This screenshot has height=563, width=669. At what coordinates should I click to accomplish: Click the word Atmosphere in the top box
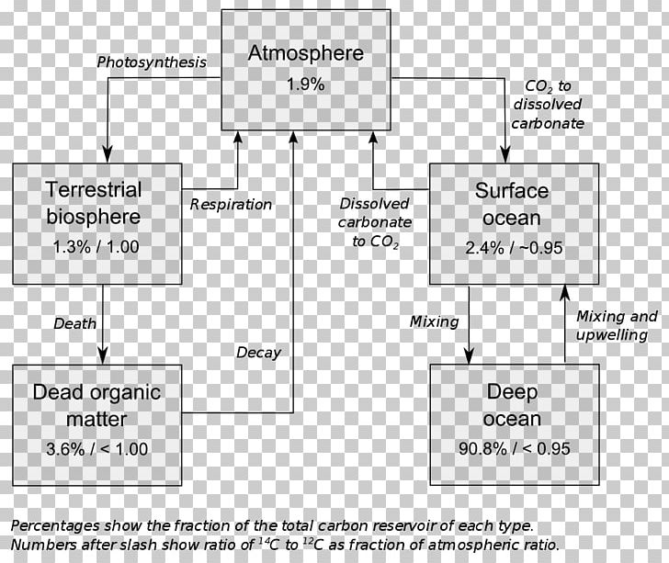coord(305,53)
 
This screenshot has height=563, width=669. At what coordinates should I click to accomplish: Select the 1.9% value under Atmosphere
coord(305,84)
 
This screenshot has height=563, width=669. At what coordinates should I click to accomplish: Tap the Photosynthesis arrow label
coord(152,62)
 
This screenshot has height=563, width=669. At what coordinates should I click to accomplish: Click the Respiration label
coord(231,204)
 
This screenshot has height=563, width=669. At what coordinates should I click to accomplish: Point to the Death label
coord(74,323)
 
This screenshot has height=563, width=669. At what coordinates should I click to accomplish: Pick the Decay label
coord(258,353)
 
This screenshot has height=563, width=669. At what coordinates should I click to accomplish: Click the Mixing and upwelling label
coord(617,325)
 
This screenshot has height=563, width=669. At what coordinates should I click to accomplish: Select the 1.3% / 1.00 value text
coord(96,247)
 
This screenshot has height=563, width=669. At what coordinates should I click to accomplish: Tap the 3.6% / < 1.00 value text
coord(96,449)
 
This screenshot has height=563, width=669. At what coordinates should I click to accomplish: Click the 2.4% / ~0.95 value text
coord(514,248)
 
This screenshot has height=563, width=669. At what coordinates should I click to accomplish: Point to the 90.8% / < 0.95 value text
coord(514,449)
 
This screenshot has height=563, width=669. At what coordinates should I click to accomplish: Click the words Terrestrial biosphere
coord(94,203)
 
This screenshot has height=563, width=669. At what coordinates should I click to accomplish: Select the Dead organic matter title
coord(96,405)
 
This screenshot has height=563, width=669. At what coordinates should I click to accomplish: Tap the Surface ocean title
coord(512,204)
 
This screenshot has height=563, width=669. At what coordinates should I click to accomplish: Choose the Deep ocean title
coord(512,405)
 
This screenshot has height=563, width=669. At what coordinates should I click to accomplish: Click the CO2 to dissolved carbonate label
coord(548,105)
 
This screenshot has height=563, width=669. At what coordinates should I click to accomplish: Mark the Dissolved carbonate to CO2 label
coord(375,222)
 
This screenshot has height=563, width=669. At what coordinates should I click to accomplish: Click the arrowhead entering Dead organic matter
coord(103,355)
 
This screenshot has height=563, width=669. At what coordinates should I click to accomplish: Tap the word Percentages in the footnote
coord(55,526)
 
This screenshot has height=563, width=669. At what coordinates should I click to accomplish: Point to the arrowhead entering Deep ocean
coord(469,355)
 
